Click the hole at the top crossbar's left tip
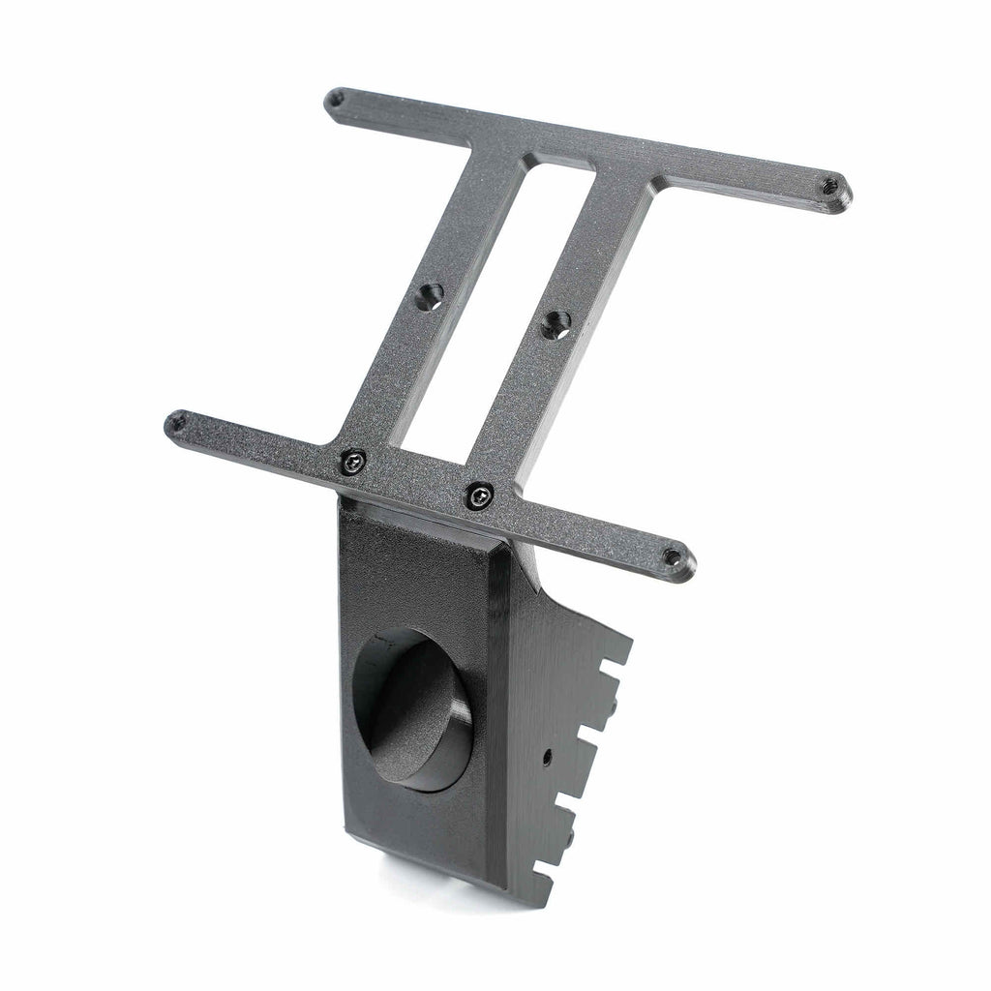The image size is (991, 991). [336, 98]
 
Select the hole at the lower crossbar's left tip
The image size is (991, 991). [176, 422]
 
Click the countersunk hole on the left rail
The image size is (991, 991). [430, 294]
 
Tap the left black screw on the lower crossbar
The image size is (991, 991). [353, 461]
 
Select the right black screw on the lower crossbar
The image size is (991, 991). [478, 495]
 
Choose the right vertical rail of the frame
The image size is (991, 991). [561, 329]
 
